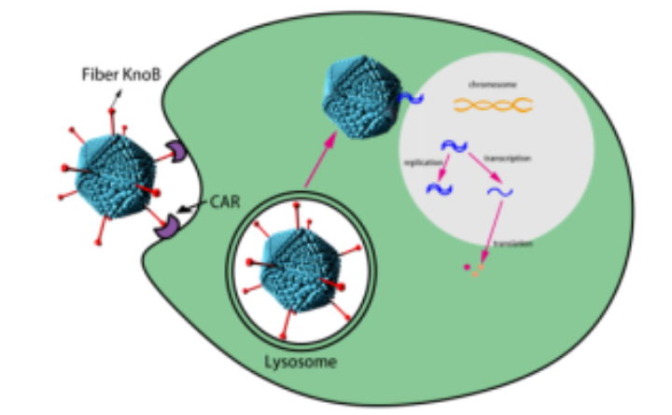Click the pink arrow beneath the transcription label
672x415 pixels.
[484, 168]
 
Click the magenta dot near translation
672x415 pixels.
[467, 269]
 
